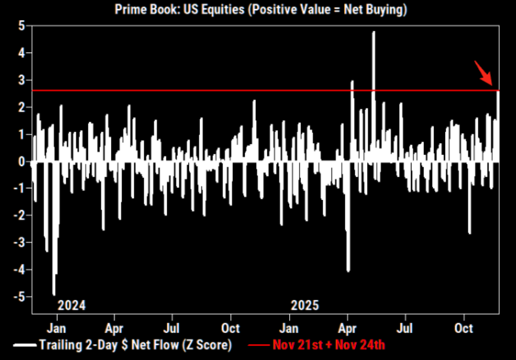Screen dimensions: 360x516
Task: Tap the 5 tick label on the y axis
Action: [21, 25]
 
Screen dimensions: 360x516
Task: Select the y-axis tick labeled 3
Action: [21, 80]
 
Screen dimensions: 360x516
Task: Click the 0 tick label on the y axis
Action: [21, 161]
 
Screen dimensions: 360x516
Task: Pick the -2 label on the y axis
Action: [19, 215]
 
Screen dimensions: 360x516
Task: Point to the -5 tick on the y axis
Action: [19, 297]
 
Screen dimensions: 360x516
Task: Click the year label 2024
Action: [71, 305]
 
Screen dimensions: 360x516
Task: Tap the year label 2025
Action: [305, 305]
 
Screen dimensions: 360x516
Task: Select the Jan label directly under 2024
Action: [56, 328]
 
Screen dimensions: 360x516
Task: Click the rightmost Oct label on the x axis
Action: [463, 328]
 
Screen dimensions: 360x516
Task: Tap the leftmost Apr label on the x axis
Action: [114, 328]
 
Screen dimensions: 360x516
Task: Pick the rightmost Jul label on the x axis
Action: [405, 328]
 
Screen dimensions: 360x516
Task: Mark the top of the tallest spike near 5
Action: [374, 32]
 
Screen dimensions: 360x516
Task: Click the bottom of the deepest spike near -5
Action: [54, 294]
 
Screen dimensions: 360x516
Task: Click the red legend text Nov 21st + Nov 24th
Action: [328, 345]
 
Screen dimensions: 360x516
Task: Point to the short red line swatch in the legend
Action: [258, 345]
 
